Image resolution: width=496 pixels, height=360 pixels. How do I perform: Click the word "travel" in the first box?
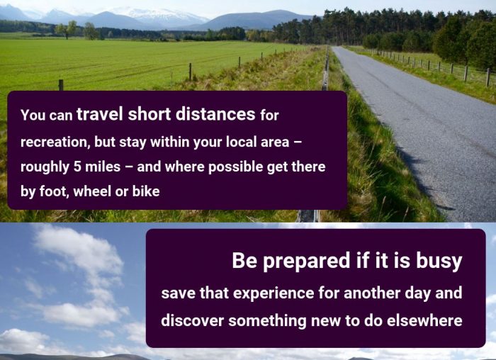(x=99, y=114)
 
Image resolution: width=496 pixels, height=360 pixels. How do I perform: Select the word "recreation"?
(x=54, y=142)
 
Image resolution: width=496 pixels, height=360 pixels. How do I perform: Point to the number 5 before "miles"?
(x=77, y=167)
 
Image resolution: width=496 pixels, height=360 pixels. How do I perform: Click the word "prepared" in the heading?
(x=306, y=261)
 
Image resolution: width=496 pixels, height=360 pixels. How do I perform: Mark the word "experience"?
(x=274, y=293)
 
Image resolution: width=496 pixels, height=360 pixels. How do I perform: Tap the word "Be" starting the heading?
(x=244, y=260)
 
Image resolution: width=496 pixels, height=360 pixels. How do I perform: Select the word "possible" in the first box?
(x=235, y=167)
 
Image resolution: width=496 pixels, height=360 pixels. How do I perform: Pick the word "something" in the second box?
(x=267, y=321)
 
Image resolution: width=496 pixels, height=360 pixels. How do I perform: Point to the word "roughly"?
(x=45, y=167)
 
